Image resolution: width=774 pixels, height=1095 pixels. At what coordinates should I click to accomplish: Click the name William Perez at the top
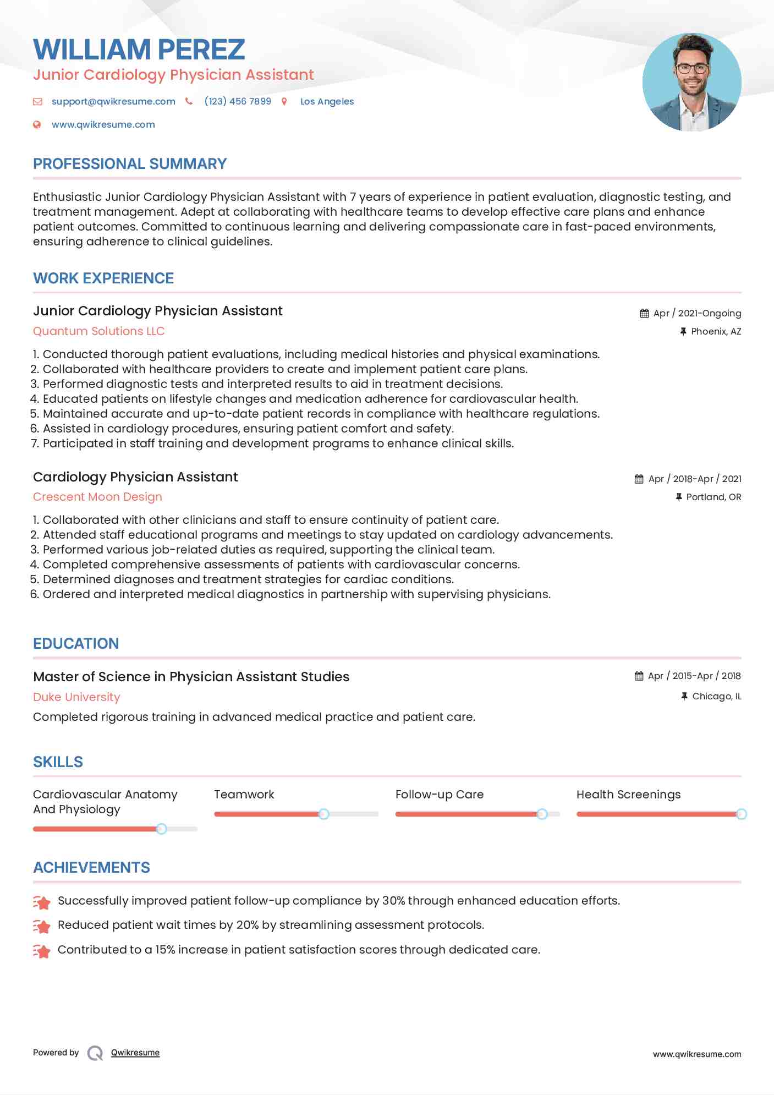(139, 50)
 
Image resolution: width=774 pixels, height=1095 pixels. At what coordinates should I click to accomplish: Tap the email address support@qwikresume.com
(113, 101)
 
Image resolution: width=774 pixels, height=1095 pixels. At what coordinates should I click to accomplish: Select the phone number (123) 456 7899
(238, 101)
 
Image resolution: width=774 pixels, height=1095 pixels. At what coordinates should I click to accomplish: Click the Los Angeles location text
(327, 101)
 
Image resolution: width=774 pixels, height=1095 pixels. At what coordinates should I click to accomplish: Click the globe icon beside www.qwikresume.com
(37, 124)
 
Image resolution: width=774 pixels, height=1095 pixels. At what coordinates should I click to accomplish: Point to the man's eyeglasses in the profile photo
(691, 69)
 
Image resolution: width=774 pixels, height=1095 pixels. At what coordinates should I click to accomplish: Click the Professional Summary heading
(130, 164)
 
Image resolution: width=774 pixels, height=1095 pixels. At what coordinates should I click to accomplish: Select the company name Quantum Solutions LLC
(98, 331)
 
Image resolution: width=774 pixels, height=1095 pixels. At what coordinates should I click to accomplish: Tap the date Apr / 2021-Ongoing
(697, 313)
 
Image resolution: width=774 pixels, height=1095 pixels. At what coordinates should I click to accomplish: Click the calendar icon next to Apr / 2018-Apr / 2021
(639, 479)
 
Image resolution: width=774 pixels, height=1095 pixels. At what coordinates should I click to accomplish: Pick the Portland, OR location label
(713, 497)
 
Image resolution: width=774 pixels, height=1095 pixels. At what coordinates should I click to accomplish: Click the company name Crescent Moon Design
(97, 497)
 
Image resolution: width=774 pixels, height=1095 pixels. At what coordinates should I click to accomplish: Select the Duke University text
(76, 697)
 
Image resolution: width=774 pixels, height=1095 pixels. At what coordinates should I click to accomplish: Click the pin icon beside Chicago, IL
(684, 696)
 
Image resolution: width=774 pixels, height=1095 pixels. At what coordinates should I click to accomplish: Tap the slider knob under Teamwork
(324, 814)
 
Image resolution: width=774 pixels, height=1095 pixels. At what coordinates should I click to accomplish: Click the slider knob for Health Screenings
(741, 814)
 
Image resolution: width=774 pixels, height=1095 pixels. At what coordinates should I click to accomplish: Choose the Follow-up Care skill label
(439, 795)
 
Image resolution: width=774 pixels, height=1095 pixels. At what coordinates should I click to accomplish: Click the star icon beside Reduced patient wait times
(42, 926)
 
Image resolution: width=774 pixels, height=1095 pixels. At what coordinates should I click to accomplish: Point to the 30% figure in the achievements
(393, 901)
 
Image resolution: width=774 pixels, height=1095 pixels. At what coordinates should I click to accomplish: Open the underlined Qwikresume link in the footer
(135, 1053)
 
